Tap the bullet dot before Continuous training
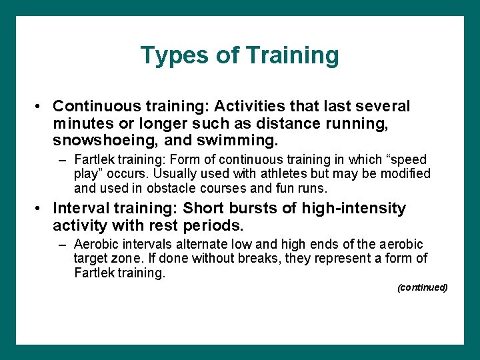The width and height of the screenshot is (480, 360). [41, 107]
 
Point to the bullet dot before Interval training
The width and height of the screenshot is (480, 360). [41, 209]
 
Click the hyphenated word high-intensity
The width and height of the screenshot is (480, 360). [354, 209]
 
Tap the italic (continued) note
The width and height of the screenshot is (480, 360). [422, 287]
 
